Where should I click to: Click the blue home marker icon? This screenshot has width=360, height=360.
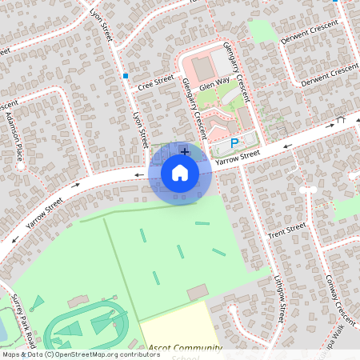point(180,172)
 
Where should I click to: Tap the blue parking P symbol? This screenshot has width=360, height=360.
point(234,143)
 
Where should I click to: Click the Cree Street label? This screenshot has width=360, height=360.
point(156,81)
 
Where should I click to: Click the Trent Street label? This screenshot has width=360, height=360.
point(287,232)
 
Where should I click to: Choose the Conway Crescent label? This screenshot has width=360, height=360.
point(340,296)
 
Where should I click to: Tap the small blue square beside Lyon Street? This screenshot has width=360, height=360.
point(126,76)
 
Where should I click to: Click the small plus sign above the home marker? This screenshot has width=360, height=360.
point(185,151)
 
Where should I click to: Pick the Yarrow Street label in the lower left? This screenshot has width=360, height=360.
point(44,214)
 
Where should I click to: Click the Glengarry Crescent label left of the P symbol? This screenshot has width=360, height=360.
point(195,103)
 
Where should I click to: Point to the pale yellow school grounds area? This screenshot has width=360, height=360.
point(176,328)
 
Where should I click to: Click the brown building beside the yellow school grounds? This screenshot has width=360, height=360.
point(197,292)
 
